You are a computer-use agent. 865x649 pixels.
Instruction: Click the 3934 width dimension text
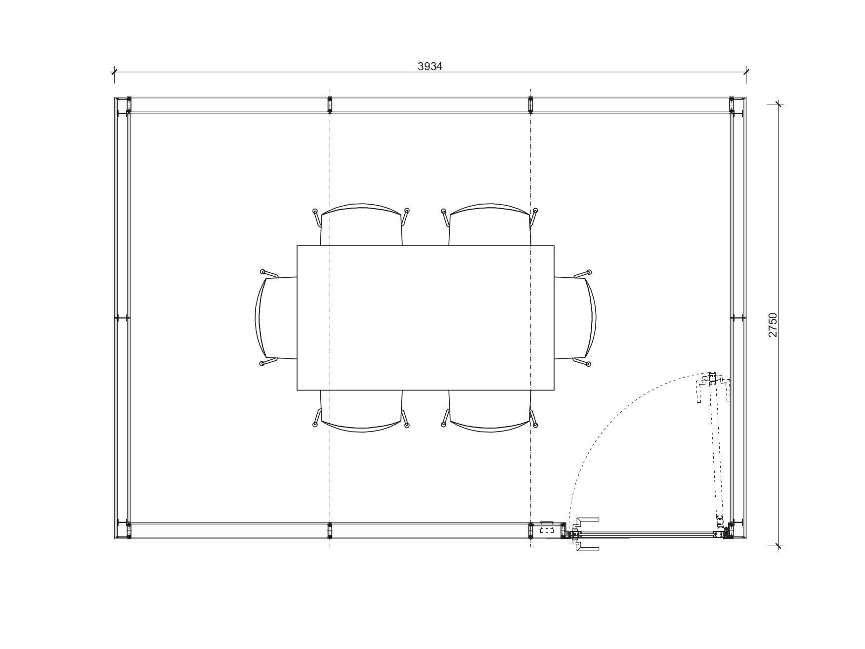coord(430,66)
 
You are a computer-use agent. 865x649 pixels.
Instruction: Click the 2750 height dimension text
coord(773,325)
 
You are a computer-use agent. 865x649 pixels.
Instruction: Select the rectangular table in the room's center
coord(425,318)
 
